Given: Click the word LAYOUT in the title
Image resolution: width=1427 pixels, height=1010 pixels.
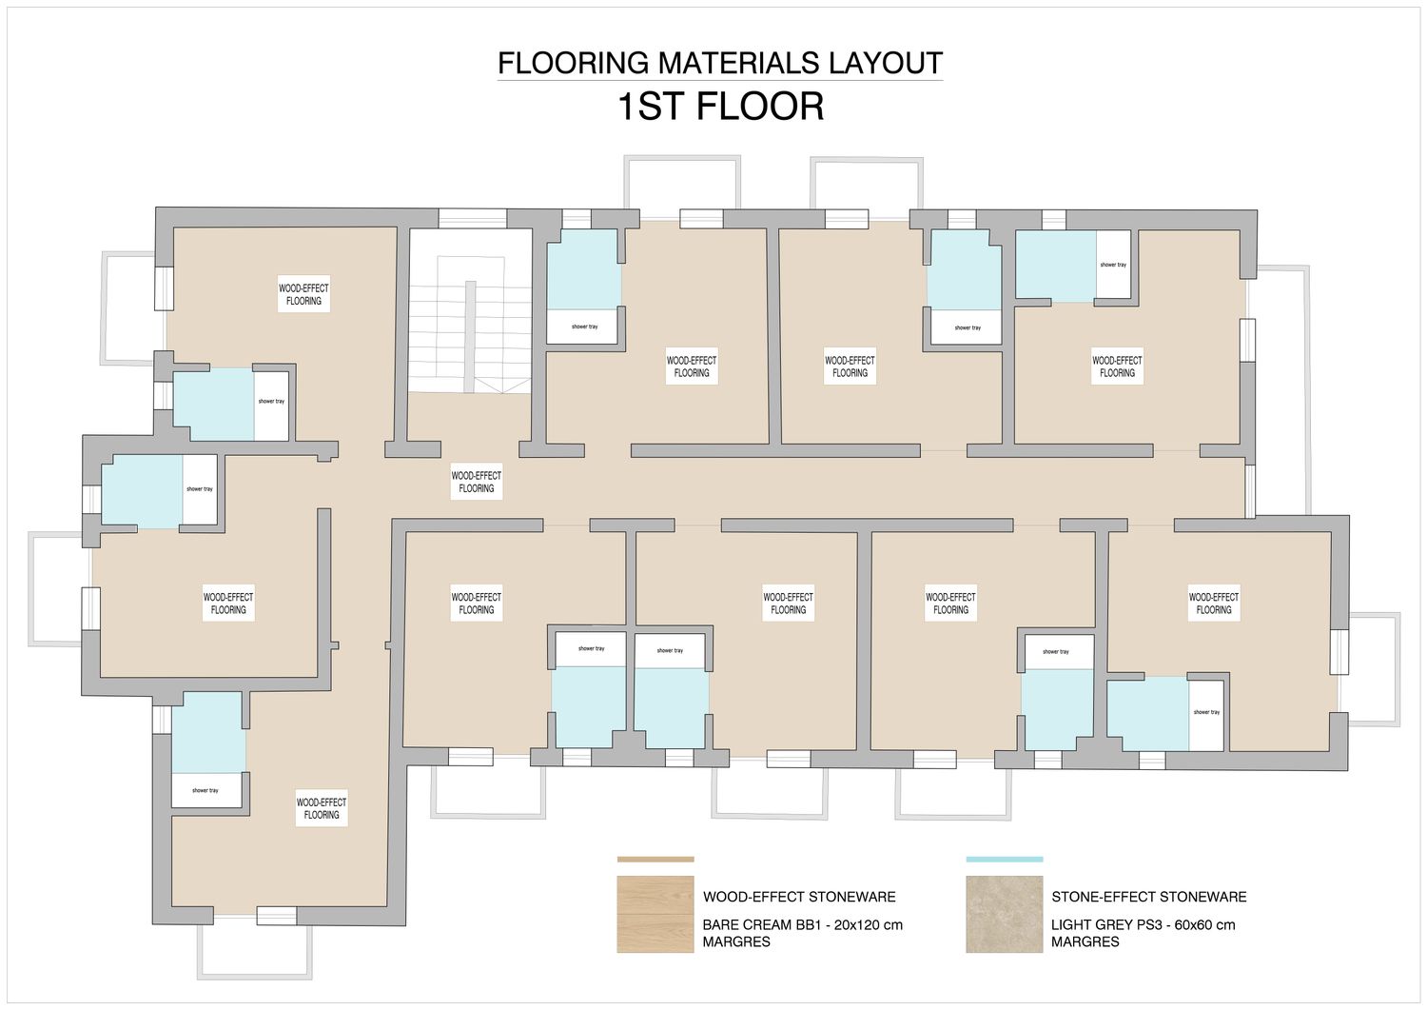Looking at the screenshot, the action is [881, 63].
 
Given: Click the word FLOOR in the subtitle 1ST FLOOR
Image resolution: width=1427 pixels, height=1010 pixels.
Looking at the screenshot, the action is [760, 106].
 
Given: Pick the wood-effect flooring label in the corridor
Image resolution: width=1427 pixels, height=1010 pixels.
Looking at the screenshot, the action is [477, 482].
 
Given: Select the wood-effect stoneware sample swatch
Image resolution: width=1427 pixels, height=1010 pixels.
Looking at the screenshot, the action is [655, 915].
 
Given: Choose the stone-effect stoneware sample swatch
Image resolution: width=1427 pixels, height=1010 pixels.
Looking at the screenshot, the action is [1004, 915].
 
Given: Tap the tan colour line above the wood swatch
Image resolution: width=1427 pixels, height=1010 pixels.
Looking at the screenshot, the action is [655, 860].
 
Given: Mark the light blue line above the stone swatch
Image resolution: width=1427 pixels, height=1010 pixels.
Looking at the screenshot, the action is [1004, 860].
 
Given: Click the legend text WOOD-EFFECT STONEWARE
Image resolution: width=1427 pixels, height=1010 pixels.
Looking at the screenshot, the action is [799, 897].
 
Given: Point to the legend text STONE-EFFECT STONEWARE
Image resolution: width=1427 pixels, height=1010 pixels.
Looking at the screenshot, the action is [1149, 897].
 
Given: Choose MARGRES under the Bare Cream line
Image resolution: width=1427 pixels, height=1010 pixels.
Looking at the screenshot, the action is [737, 941].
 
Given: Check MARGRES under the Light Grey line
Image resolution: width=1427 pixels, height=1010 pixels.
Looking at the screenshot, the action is [1085, 941].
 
